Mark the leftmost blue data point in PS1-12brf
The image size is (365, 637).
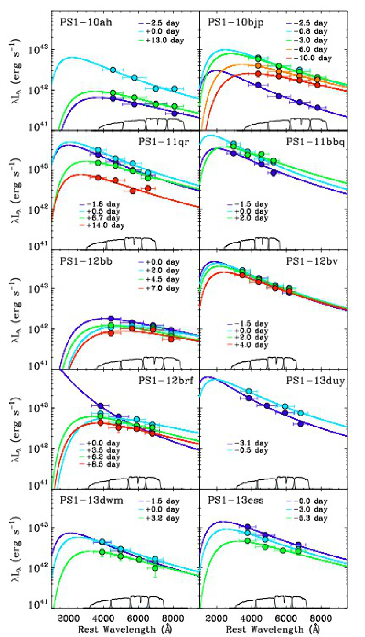[x=101, y=405]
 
